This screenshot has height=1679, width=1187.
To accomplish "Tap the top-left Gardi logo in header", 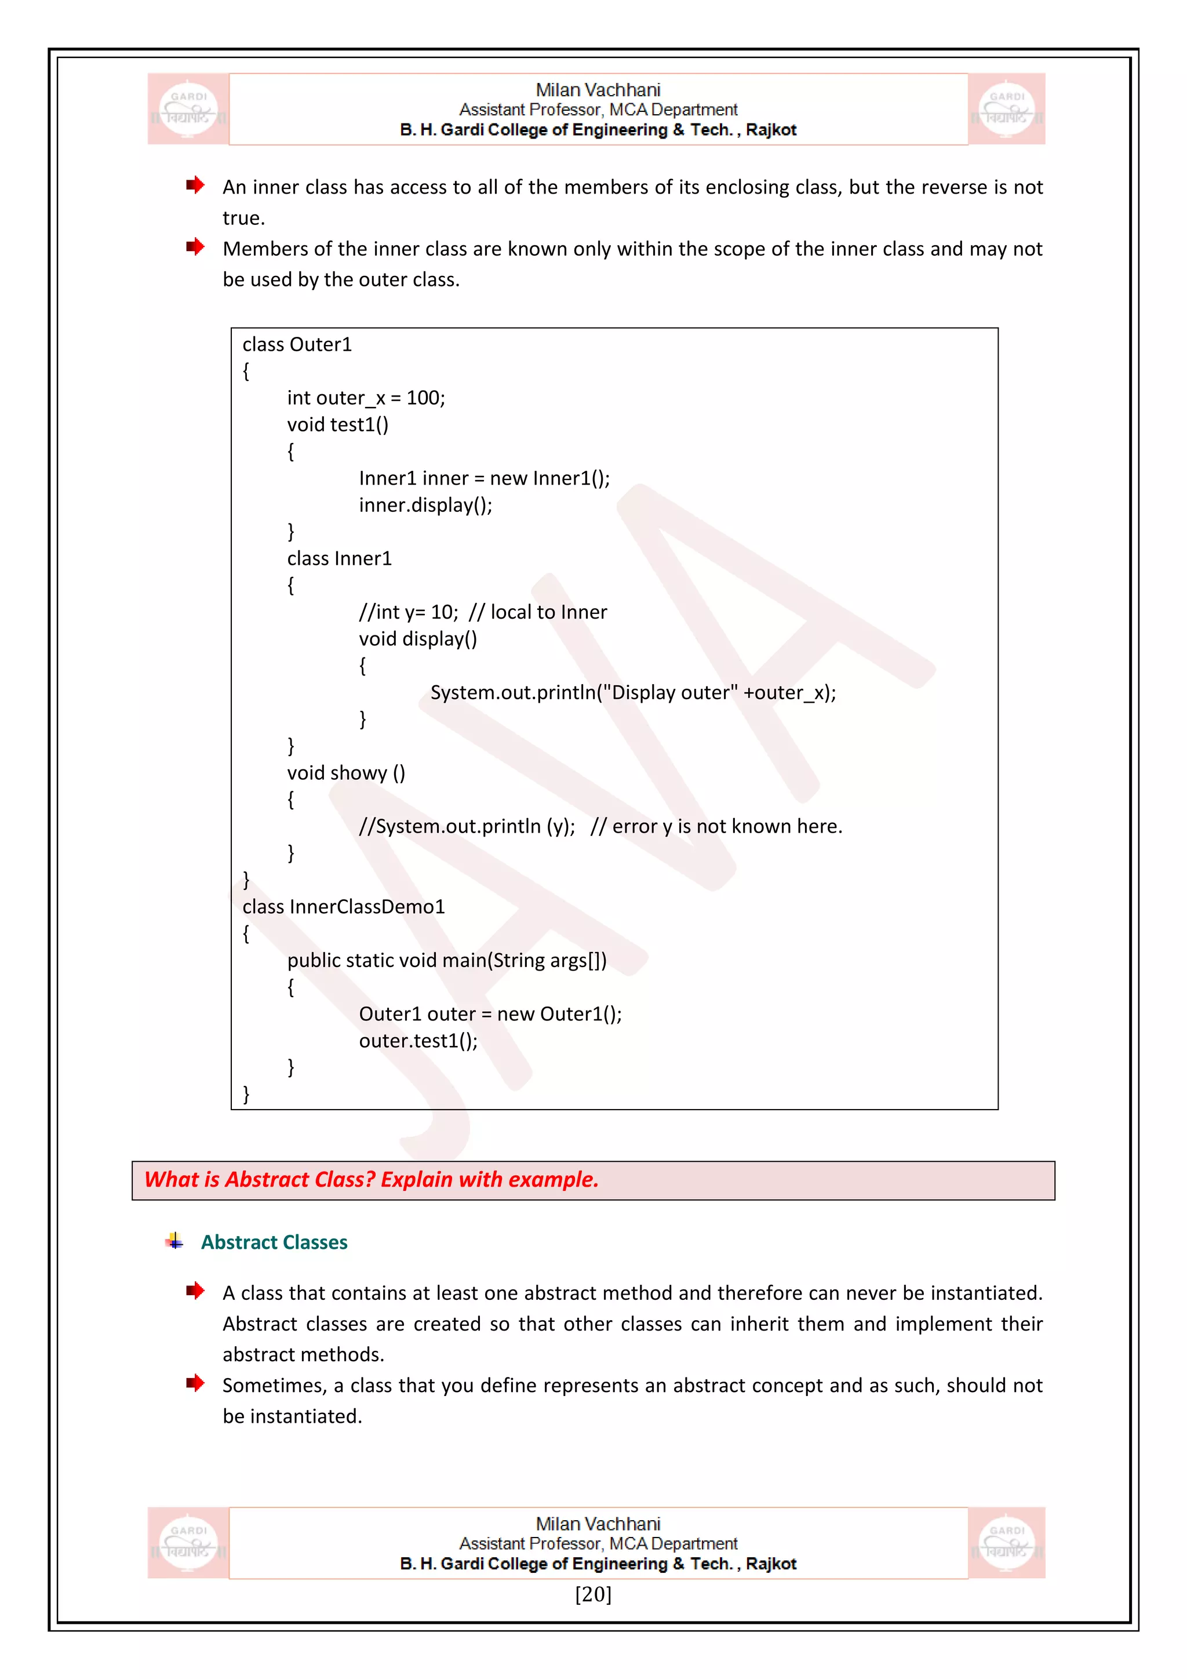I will (x=188, y=109).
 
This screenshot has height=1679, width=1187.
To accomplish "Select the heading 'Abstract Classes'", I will (x=274, y=1242).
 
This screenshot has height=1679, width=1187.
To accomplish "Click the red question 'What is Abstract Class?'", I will (x=372, y=1180).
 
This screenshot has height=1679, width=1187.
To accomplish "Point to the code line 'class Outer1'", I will (x=297, y=344).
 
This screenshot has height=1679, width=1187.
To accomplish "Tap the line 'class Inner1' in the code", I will (x=339, y=559).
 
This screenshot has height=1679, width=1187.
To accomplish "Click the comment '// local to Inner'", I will (x=538, y=612).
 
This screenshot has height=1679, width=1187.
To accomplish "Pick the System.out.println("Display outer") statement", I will (x=632, y=692).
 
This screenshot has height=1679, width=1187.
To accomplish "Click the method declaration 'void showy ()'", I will (x=345, y=773).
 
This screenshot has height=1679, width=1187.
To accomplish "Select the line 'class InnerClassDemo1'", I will (x=344, y=907).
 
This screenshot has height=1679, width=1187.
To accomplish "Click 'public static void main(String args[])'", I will (x=447, y=960).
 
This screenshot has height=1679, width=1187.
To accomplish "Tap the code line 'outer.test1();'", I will (x=418, y=1041).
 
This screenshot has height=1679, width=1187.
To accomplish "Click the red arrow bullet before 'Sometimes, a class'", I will (x=194, y=1383).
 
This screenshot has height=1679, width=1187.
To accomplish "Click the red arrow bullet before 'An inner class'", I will (x=194, y=184).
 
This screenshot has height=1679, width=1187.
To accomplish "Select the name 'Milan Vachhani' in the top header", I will (x=598, y=90).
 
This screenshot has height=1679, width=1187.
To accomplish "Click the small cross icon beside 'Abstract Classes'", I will (x=174, y=1241).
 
